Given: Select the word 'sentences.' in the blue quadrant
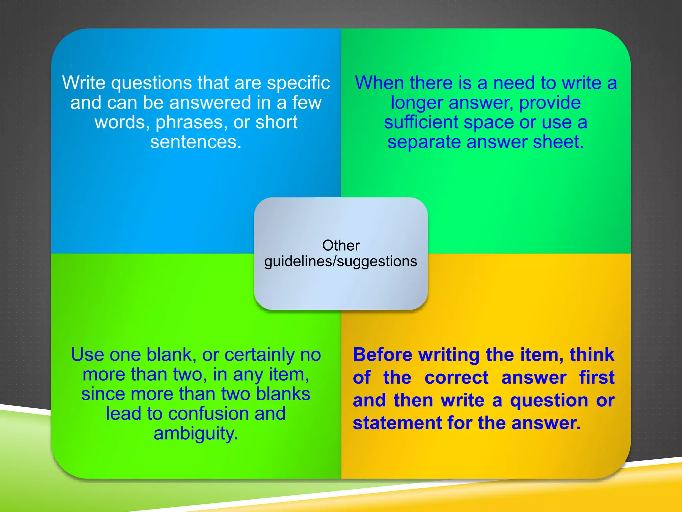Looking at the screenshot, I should click(x=196, y=142).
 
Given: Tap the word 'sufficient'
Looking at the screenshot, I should click(x=421, y=122).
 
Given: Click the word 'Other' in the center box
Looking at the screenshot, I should click(x=341, y=245).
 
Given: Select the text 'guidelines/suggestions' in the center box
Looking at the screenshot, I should click(x=341, y=261).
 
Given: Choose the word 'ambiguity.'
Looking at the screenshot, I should click(x=196, y=434).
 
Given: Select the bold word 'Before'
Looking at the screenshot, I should click(x=383, y=355).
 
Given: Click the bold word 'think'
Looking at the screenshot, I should click(x=592, y=355).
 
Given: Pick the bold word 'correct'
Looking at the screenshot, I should click(x=457, y=378).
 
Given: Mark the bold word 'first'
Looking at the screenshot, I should click(x=597, y=378).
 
